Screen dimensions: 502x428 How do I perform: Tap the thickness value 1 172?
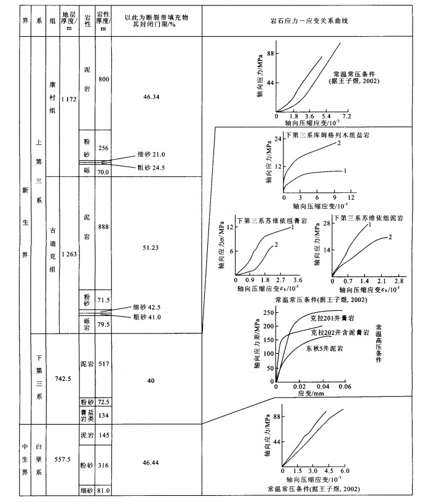[x=69, y=100]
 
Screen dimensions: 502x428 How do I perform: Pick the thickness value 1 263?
[x=69, y=254]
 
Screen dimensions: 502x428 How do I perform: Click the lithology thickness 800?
[x=103, y=80]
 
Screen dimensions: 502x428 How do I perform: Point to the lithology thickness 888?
[x=103, y=227]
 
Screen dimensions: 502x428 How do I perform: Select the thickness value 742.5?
[x=63, y=378]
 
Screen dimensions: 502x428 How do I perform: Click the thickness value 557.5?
[x=63, y=460]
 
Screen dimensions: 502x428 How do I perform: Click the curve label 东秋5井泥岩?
[x=324, y=348]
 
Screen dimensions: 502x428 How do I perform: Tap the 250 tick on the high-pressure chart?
[x=268, y=313]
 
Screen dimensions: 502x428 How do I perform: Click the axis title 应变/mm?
[x=311, y=393]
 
